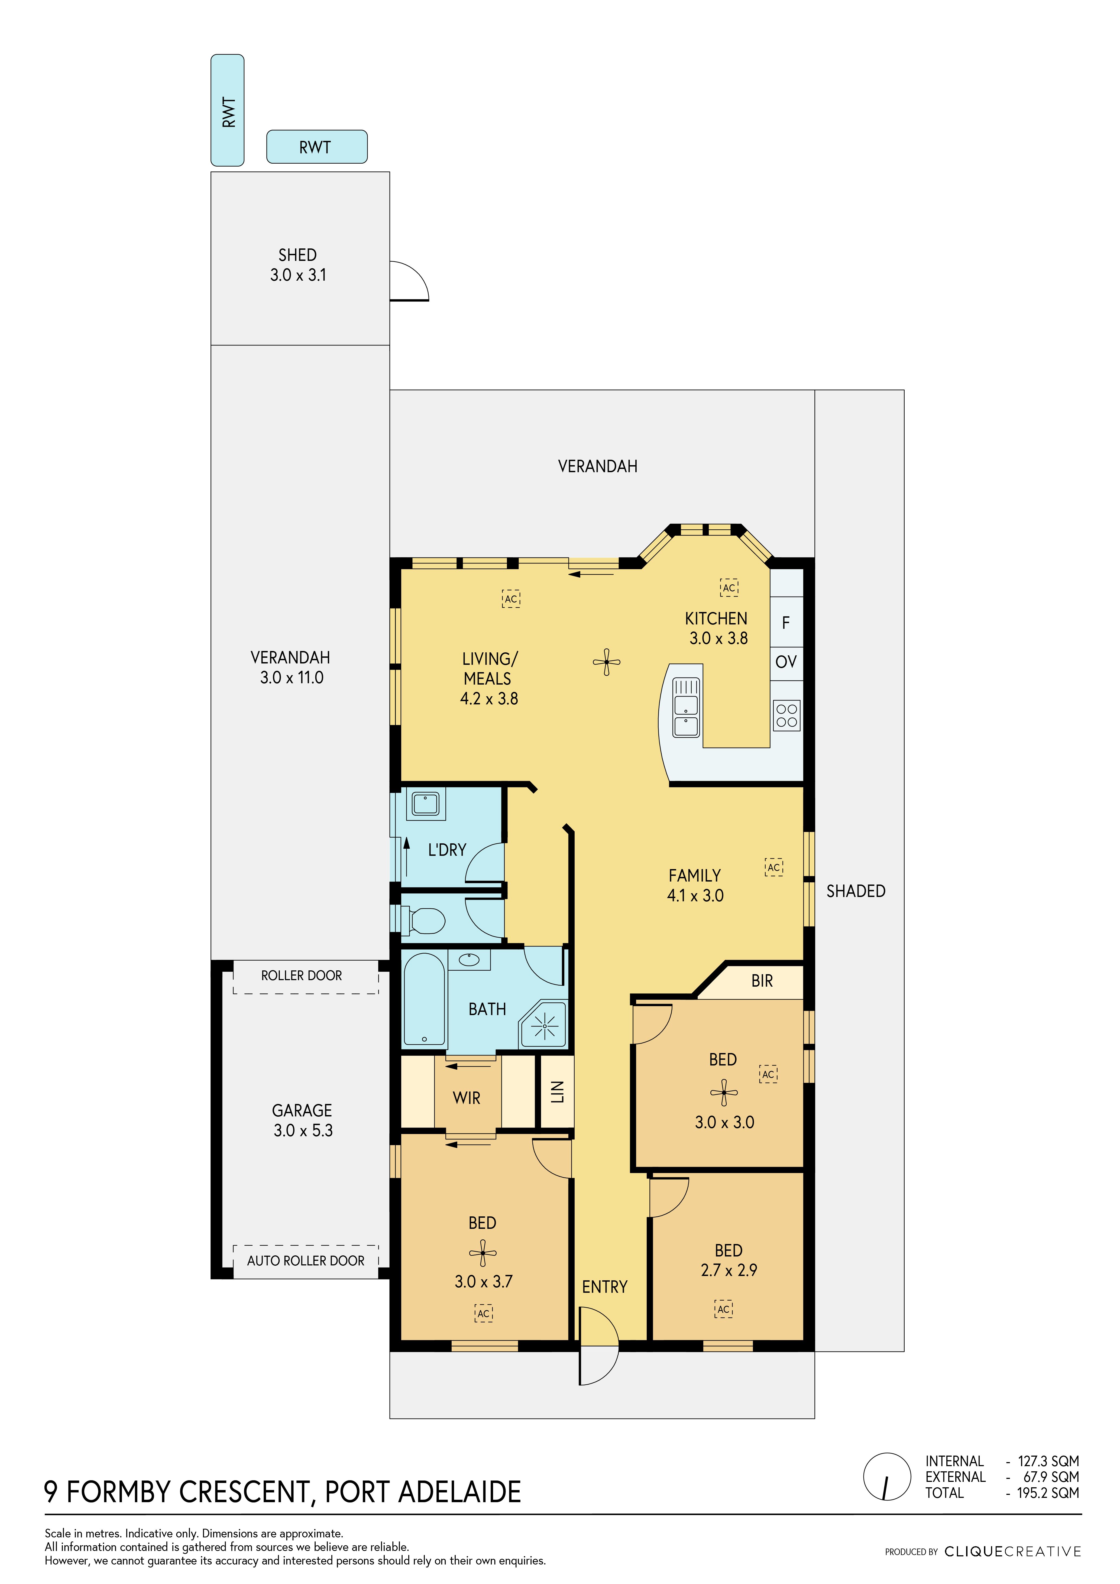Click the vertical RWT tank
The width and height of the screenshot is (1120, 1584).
click(x=227, y=110)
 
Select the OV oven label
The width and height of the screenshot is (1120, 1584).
click(x=786, y=662)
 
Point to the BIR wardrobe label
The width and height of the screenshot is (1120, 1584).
click(x=762, y=981)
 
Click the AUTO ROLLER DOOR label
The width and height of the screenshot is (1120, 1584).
click(x=306, y=1261)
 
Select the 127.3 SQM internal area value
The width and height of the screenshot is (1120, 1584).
click(x=1048, y=1461)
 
